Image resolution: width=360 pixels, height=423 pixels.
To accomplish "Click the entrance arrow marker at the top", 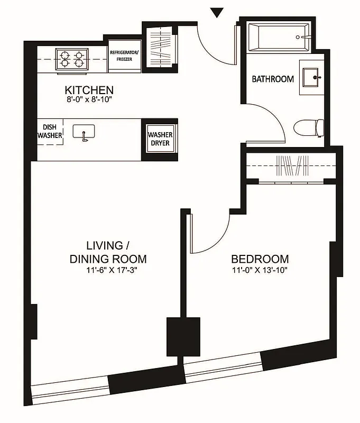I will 217,12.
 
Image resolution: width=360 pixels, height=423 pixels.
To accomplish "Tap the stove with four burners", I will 72,58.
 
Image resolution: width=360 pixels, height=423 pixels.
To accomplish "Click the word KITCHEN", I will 89,89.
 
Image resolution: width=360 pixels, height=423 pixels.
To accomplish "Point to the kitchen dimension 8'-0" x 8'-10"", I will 89,99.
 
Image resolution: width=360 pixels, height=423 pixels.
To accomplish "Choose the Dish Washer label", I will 50,132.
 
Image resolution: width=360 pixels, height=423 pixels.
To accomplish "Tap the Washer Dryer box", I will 160,139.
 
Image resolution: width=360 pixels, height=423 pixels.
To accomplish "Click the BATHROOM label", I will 272,79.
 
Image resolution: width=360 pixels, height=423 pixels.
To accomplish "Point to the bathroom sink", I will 311,77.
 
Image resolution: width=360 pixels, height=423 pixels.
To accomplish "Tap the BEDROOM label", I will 260,259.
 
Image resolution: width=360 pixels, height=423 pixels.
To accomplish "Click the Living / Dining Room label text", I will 108,252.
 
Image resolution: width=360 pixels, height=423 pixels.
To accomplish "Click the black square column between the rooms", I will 183,337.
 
